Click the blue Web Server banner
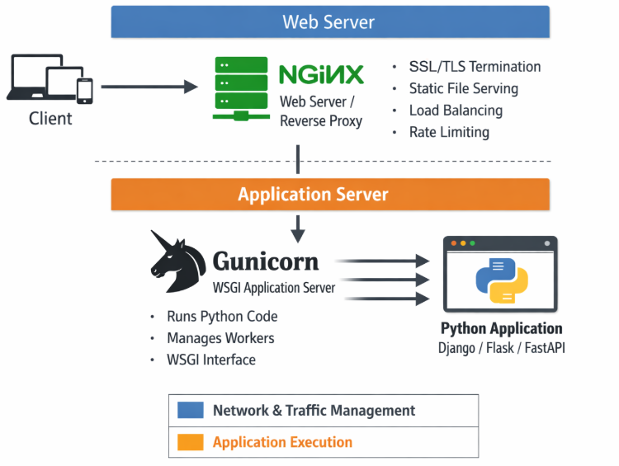[x=330, y=22]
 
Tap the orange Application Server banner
[x=330, y=195]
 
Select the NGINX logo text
[x=321, y=75]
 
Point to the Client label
[x=50, y=119]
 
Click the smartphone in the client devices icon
[x=84, y=88]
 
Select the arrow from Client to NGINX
[x=149, y=86]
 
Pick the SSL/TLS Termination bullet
[x=475, y=67]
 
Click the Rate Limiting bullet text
[x=449, y=132]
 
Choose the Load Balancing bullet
[x=456, y=111]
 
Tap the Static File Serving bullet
[x=463, y=88]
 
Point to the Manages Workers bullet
[x=220, y=338]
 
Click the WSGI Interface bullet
[x=210, y=360]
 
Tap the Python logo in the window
[x=501, y=280]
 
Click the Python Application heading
[x=501, y=329]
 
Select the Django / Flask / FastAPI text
[x=501, y=348]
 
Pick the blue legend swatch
[x=191, y=410]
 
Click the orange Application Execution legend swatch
[x=191, y=443]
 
